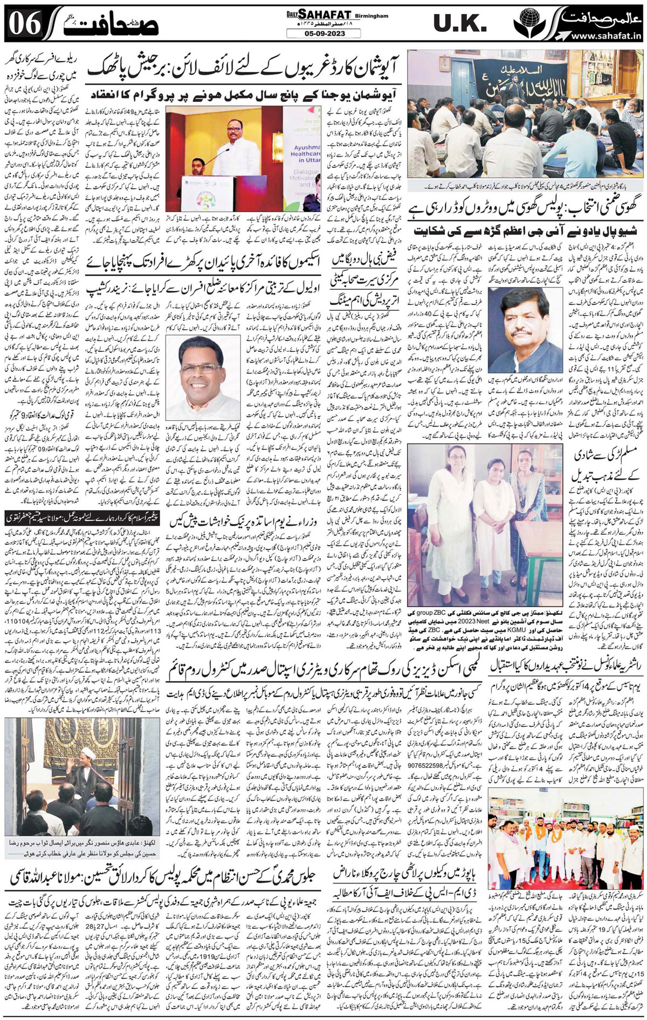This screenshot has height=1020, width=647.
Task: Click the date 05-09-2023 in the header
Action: tap(324, 33)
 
